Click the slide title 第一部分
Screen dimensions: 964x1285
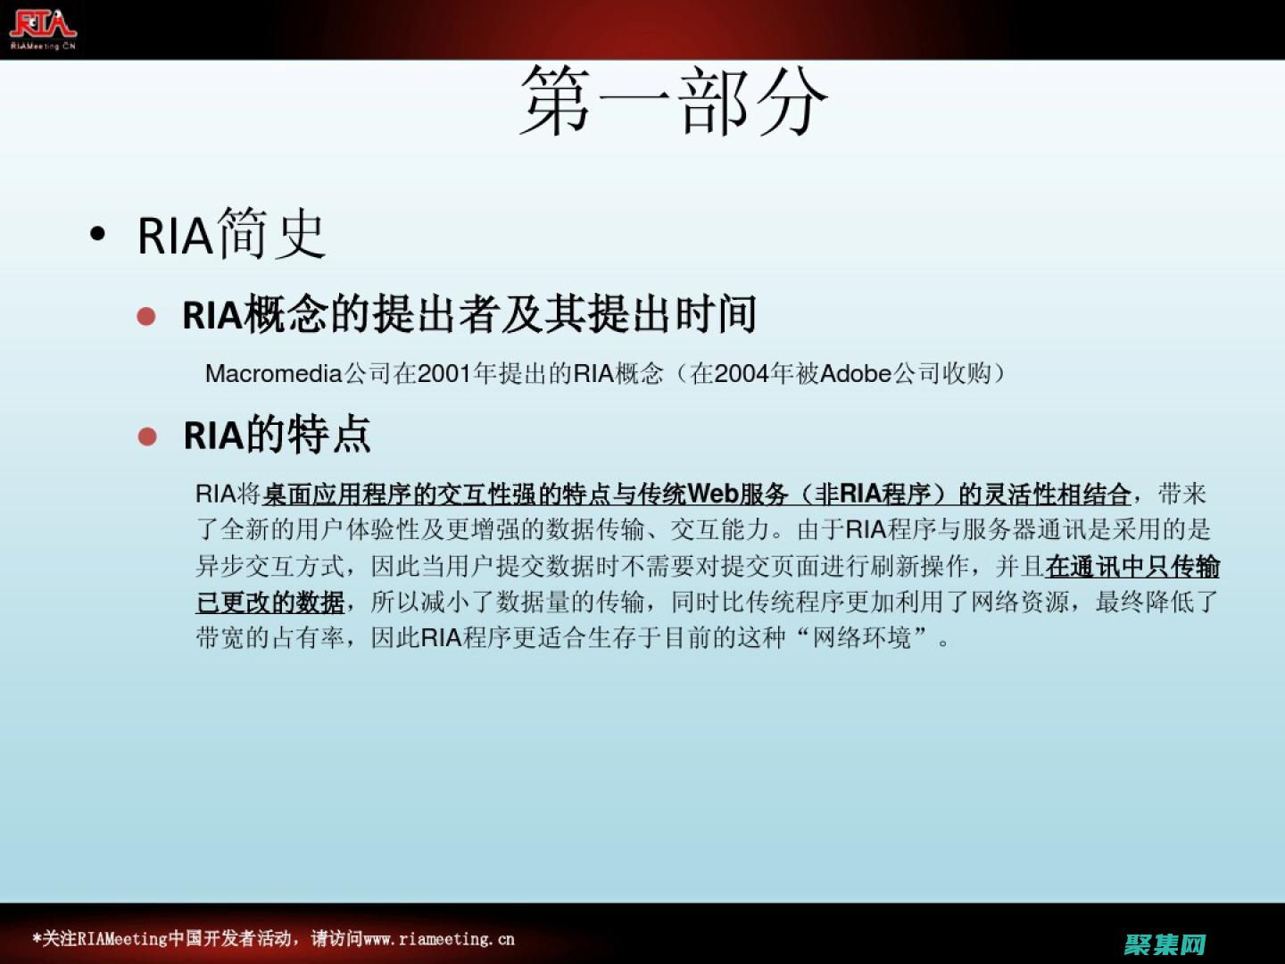pos(674,102)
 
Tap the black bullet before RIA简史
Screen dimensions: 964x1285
pos(98,235)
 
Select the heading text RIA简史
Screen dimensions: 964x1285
pos(231,235)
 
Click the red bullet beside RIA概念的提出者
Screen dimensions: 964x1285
pos(147,316)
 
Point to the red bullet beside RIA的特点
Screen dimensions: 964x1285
pos(147,436)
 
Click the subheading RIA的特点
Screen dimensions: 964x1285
pos(277,436)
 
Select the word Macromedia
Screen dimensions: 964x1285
pos(274,373)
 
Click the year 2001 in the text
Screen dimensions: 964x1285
pos(445,373)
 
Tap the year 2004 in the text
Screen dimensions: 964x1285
pos(742,373)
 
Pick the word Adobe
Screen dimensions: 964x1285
pos(856,373)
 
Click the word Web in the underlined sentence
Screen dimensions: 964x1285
pos(713,494)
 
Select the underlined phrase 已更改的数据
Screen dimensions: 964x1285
pos(270,602)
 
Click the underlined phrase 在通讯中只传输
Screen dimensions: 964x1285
pos(1132,566)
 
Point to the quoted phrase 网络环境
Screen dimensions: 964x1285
pos(863,638)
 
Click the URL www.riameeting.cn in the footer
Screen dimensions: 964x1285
pos(439,939)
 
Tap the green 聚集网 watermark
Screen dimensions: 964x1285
pos(1165,943)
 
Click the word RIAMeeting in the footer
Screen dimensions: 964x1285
pos(122,939)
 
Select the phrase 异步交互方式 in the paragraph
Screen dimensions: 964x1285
pos(269,566)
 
